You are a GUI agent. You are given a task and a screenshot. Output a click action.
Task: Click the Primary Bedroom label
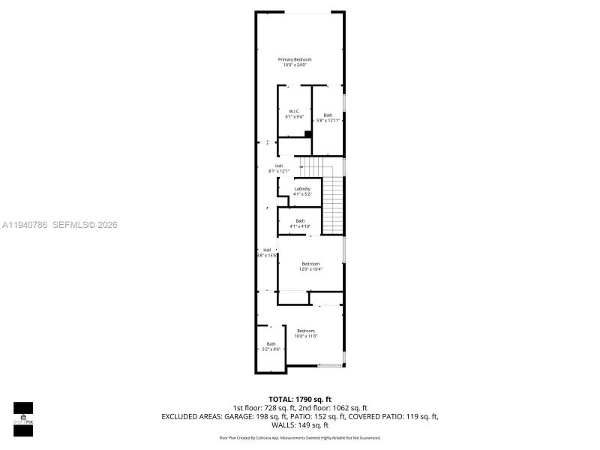(295, 59)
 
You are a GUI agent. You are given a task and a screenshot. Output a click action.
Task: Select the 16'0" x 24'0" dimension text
(295, 65)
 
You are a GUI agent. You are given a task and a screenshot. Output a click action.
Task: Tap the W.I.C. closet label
(294, 111)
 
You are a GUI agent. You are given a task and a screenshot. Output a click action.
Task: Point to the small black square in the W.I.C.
(307, 134)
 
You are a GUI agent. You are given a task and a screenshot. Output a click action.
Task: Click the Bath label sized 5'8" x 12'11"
(328, 115)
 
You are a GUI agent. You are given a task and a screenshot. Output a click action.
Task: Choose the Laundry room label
(302, 188)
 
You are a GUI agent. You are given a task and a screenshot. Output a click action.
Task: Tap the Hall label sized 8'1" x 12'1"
(279, 166)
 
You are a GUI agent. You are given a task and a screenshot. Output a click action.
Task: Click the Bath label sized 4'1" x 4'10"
(300, 220)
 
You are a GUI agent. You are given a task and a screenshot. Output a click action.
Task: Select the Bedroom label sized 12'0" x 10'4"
(310, 263)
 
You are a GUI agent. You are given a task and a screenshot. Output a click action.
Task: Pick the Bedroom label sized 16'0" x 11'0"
(306, 331)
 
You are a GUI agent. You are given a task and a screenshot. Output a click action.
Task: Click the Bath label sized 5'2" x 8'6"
(271, 344)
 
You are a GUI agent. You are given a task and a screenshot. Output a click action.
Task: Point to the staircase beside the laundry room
(334, 202)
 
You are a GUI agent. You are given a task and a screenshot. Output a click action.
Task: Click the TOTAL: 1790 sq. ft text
(299, 398)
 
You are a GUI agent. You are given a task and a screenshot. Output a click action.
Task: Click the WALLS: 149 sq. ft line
(299, 425)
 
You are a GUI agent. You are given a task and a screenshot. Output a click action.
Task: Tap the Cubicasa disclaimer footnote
(299, 437)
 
